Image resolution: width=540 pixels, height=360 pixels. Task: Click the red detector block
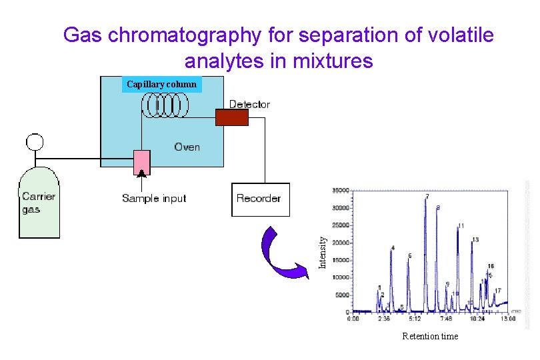click(231, 117)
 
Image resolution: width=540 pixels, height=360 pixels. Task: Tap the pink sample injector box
click(141, 162)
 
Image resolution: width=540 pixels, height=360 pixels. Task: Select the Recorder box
click(261, 199)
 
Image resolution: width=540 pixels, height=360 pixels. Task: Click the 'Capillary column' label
click(162, 84)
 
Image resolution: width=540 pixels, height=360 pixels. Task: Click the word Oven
click(187, 147)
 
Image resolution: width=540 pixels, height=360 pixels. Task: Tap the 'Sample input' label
click(154, 198)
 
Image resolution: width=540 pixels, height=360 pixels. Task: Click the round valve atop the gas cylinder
click(34, 142)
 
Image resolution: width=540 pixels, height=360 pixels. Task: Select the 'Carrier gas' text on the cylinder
click(39, 203)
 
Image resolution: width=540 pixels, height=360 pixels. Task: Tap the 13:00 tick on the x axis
click(508, 319)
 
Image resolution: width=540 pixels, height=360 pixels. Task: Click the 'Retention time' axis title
click(430, 337)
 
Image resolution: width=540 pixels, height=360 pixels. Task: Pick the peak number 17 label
click(498, 291)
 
